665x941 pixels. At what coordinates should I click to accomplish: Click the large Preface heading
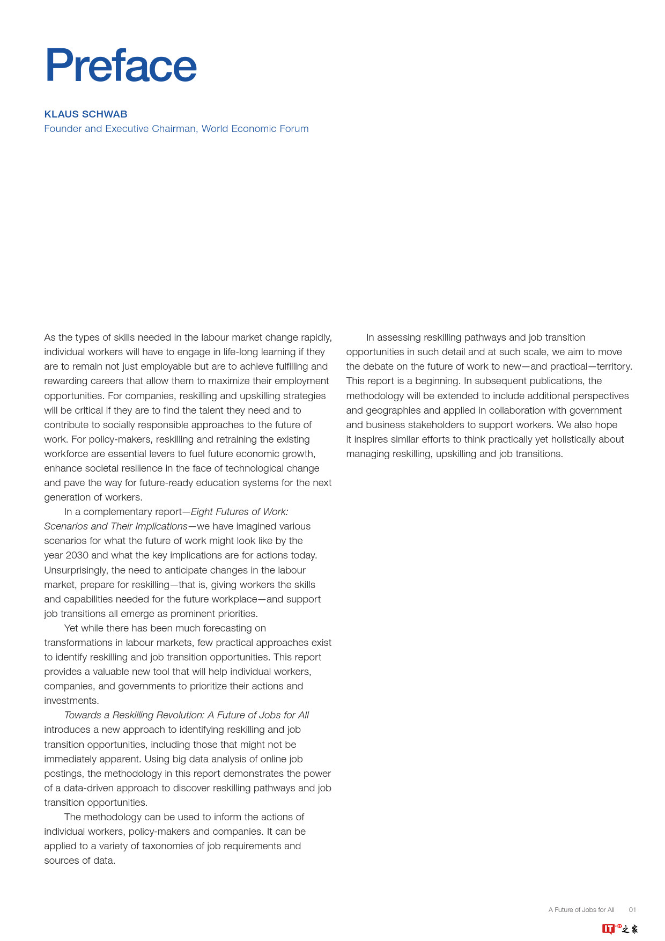click(x=121, y=65)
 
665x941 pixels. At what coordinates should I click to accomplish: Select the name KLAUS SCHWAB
click(x=86, y=114)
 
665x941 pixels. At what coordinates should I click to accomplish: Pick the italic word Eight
click(x=202, y=512)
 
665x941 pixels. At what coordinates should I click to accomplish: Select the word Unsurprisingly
click(x=76, y=570)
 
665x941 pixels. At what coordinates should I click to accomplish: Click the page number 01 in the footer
click(x=632, y=910)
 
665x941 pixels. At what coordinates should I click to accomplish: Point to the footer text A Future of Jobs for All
click(x=581, y=910)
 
